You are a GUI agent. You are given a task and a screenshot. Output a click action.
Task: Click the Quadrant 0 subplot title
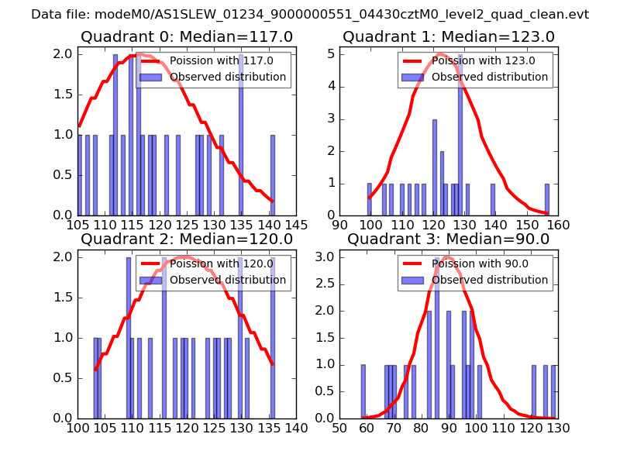[x=187, y=36]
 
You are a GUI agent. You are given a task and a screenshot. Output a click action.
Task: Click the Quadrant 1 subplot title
[x=449, y=36]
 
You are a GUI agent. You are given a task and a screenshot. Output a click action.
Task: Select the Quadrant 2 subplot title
[x=187, y=239]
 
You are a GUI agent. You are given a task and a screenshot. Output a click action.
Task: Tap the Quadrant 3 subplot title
[x=449, y=239]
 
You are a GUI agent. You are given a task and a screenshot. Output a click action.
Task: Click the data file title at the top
[x=310, y=14]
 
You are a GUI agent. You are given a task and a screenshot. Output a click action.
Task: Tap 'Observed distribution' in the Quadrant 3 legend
[x=490, y=280]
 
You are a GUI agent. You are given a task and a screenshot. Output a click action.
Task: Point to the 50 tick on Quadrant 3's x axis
[x=339, y=427]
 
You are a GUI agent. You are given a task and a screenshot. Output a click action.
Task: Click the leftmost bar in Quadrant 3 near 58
[x=363, y=391]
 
